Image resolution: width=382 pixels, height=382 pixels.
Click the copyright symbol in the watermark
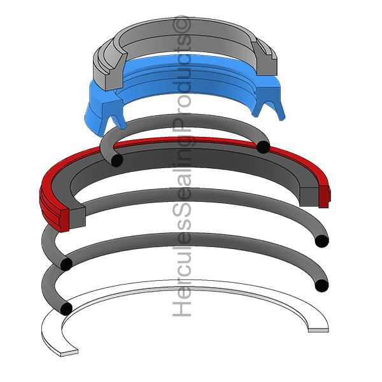point(181,25)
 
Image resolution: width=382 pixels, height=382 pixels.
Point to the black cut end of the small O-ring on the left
point(117,160)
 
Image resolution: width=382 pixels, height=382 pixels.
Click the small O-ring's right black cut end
point(264,147)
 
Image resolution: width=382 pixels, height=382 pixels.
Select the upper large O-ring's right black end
point(322,241)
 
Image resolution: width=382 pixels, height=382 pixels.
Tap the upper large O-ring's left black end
point(66,264)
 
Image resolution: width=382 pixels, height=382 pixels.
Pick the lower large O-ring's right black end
point(322,285)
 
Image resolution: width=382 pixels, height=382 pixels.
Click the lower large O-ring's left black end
point(66,308)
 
